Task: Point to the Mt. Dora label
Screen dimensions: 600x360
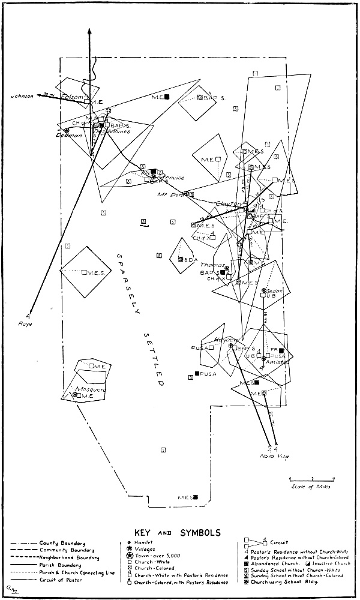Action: (x=169, y=194)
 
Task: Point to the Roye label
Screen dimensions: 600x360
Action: (x=25, y=323)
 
